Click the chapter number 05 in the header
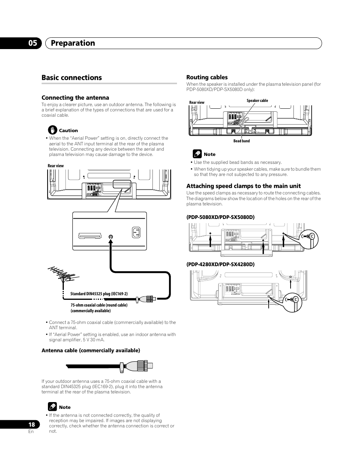[x=32, y=43]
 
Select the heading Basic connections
[x=72, y=77]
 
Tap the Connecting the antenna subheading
[x=75, y=98]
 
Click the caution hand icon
[x=52, y=130]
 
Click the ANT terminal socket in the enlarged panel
[x=110, y=237]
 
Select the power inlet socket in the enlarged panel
[x=135, y=233]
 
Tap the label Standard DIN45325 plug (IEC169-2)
[x=99, y=294]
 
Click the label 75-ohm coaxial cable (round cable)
[x=99, y=305]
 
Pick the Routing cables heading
[x=207, y=77]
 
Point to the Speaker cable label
[x=257, y=101]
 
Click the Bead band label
[x=242, y=141]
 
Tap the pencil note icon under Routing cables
[x=197, y=154]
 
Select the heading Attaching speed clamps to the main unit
[x=243, y=186]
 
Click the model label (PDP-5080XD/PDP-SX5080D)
[x=220, y=217]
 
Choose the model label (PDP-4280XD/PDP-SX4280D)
[x=220, y=264]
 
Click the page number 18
[x=32, y=424]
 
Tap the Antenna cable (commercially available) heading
[x=91, y=350]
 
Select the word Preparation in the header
[x=73, y=43]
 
